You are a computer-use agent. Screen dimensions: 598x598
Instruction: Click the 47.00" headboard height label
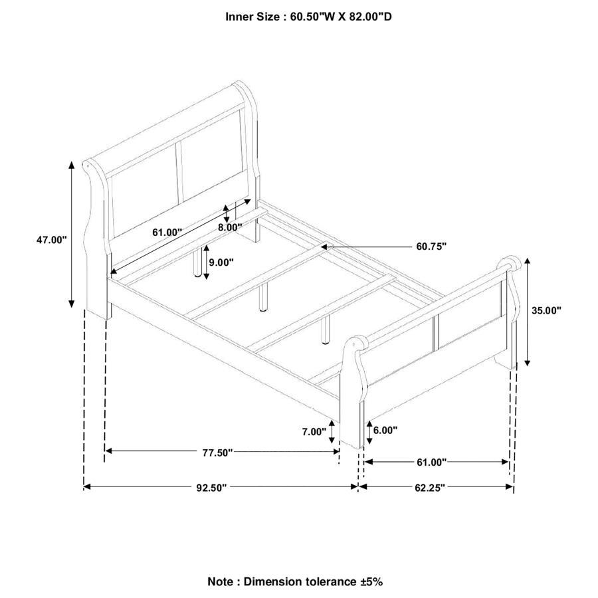point(52,240)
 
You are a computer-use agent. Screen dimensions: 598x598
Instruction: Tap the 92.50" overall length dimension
point(211,487)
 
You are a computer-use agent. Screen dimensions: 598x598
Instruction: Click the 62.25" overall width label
point(430,487)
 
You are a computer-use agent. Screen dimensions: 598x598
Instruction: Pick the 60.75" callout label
point(431,246)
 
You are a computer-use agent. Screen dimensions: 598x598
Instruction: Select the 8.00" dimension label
point(231,227)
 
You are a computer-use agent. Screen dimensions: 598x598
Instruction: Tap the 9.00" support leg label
point(221,262)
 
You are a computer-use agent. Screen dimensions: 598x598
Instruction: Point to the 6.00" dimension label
point(385,430)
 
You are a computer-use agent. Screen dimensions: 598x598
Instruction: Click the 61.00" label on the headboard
point(167,233)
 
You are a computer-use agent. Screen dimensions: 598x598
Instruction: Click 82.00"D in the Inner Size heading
point(365,16)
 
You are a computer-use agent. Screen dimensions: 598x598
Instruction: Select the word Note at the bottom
point(221,581)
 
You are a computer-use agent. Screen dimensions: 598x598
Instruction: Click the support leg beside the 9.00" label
point(198,262)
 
